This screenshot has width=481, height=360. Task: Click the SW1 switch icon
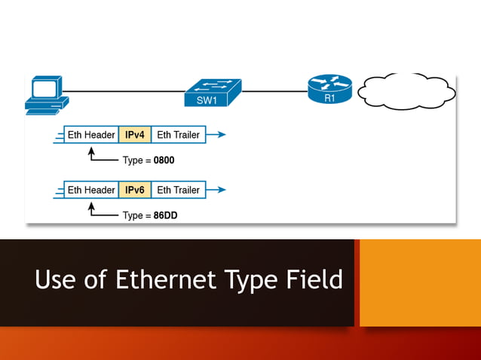pos(213,93)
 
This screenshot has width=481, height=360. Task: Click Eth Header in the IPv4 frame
pos(91,135)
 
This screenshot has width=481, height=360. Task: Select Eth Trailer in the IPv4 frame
pos(178,135)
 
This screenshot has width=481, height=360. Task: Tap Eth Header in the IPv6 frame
pos(91,190)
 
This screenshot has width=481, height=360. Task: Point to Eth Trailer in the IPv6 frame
pos(178,190)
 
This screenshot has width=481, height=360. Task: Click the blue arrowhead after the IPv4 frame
pos(219,135)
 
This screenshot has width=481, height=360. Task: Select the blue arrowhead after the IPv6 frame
pos(219,190)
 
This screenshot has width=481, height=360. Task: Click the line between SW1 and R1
pos(275,91)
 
